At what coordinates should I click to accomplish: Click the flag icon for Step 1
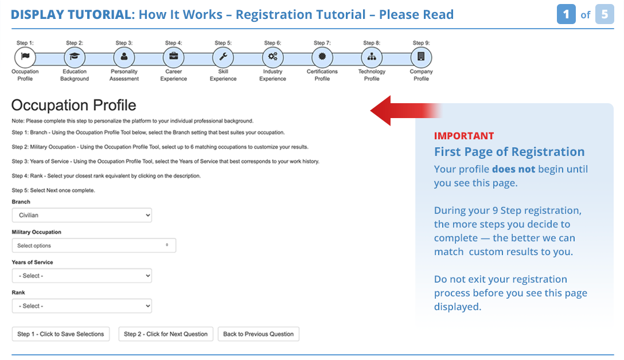click(x=25, y=57)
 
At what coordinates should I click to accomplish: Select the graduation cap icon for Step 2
click(x=75, y=57)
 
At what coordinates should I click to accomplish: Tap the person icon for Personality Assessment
click(x=124, y=57)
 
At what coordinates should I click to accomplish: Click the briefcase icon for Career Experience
click(x=174, y=57)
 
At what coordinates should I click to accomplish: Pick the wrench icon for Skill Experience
click(x=223, y=57)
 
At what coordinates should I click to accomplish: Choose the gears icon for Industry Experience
click(x=272, y=57)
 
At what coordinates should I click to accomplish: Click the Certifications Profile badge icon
click(x=322, y=57)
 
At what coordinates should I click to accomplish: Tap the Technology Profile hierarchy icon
click(x=372, y=57)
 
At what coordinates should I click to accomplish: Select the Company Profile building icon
click(x=421, y=57)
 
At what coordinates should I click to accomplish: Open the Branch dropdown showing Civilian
click(x=82, y=215)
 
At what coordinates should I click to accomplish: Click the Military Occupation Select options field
click(x=94, y=245)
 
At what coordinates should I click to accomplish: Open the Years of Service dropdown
click(x=82, y=276)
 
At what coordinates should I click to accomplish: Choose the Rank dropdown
click(x=82, y=306)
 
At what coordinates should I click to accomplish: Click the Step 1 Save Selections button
click(x=60, y=334)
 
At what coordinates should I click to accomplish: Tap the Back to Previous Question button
click(x=258, y=334)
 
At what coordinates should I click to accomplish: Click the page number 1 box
click(x=566, y=14)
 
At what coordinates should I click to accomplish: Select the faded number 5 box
click(x=604, y=14)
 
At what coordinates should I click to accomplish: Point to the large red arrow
click(x=405, y=111)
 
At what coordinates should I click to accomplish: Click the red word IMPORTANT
click(x=464, y=136)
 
